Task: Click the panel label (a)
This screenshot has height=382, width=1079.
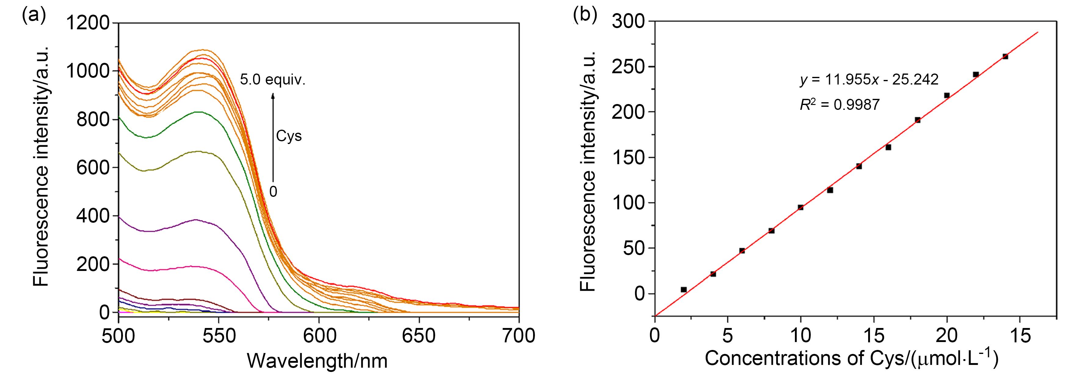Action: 34,16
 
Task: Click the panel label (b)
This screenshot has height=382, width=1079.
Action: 585,15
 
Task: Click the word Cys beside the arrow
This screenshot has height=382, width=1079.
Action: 289,136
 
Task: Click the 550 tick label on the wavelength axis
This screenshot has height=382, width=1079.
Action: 219,336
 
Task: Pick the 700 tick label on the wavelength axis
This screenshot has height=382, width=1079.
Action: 518,336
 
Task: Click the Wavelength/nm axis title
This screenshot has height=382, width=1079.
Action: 317,361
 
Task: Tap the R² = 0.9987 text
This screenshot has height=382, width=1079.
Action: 839,104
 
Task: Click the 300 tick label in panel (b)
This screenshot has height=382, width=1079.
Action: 628,21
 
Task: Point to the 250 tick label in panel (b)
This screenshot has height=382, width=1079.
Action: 628,67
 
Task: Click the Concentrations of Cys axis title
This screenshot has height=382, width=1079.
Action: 851,359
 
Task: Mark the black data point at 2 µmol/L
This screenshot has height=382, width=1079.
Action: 684,290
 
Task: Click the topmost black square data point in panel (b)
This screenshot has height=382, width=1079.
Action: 1005,56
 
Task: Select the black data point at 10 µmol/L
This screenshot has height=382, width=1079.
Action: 800,207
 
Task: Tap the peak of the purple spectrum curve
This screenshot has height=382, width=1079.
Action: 195,219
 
